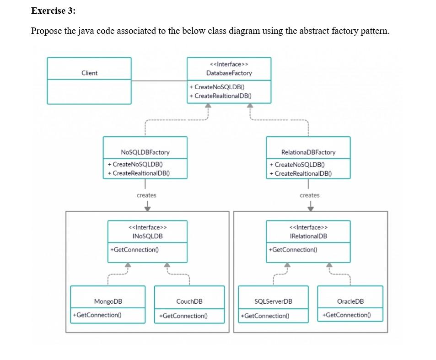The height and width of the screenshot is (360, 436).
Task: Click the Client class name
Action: [x=89, y=73]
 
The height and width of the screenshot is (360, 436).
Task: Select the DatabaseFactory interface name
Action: [x=229, y=73]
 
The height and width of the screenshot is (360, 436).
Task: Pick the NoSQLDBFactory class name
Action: [x=145, y=152]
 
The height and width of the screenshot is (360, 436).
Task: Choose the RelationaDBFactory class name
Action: [x=308, y=152]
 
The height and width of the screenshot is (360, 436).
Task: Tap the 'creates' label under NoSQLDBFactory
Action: [x=146, y=195]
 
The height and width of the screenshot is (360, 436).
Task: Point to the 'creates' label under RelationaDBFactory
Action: [x=310, y=195]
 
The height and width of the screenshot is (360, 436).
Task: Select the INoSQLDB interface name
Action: [x=148, y=236]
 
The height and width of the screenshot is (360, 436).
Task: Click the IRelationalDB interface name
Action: [x=309, y=236]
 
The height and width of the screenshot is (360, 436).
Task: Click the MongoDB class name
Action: [x=108, y=301]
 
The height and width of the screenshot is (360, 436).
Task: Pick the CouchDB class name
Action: [x=189, y=301]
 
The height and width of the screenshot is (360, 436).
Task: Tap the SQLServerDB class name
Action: [x=273, y=301]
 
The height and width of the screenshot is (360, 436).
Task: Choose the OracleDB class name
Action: [x=350, y=301]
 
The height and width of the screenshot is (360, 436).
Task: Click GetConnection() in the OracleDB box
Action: [x=346, y=315]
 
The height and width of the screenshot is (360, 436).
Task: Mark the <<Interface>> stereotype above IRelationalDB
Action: [x=309, y=227]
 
